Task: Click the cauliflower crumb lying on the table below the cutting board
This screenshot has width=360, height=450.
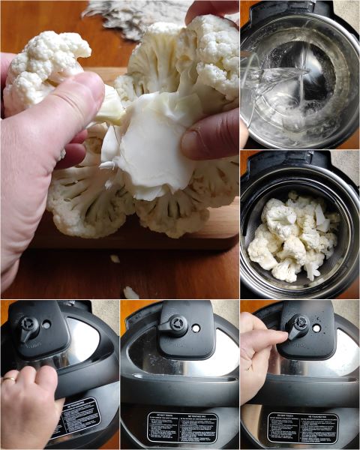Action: click(x=130, y=292)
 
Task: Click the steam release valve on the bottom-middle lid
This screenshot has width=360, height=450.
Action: click(x=177, y=324)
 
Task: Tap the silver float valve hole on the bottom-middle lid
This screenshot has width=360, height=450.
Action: click(x=196, y=328)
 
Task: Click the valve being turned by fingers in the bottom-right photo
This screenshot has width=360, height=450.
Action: click(x=298, y=325)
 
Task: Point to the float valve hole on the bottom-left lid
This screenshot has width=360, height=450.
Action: click(x=47, y=325)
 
